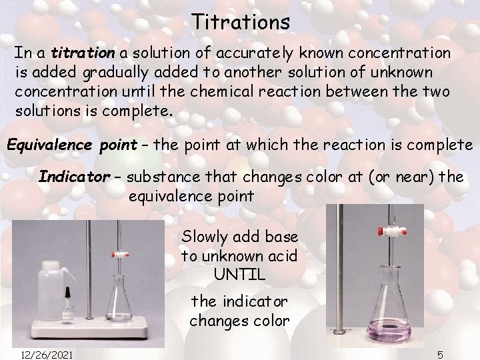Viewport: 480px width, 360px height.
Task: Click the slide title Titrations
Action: [241, 21]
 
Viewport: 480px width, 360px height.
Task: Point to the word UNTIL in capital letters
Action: [239, 273]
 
